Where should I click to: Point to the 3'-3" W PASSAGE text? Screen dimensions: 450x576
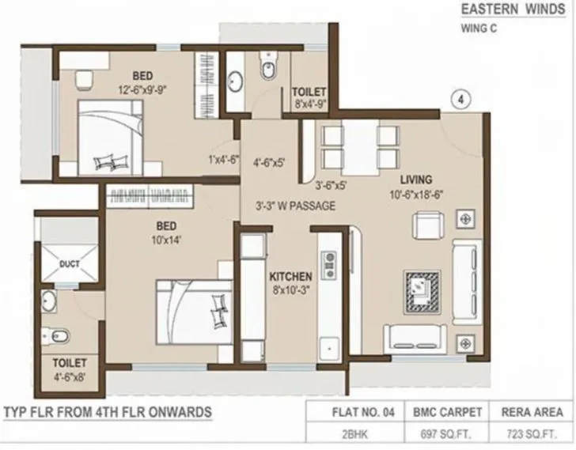click(x=295, y=206)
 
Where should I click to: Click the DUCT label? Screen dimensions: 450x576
click(x=70, y=264)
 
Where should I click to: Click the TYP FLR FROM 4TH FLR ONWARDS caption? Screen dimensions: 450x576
click(x=107, y=412)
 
